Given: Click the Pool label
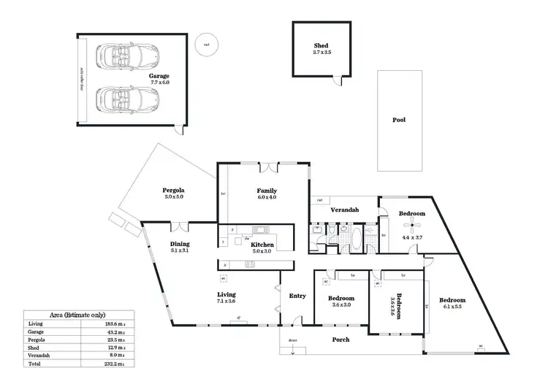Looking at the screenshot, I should point(398,120).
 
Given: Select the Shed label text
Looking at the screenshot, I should point(321,46).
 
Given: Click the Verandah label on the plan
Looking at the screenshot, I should point(345,210).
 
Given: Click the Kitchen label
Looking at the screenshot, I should point(262,245).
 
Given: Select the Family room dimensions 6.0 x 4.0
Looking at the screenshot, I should point(267,197).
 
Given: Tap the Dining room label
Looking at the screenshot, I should point(180,244).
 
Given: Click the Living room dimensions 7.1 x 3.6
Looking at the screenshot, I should point(226,300).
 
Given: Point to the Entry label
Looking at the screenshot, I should point(297,296).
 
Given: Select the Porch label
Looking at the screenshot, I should point(340,340).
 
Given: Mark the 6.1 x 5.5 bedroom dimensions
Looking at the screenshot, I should point(452,307).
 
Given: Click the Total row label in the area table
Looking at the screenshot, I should point(34,363).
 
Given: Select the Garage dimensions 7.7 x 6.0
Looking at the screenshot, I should point(159,83).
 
